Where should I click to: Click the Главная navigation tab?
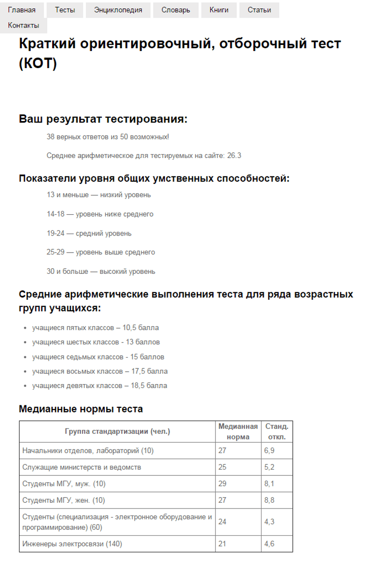coord(22,10)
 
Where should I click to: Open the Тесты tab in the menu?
coord(65,10)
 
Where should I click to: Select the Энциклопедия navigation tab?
coord(118,10)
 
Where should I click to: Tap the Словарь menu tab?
coord(176,10)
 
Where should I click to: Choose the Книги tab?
coord(219,10)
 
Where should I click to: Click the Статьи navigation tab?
coord(259,10)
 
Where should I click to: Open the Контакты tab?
coord(24,26)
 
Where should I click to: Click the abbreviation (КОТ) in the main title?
coord(38,63)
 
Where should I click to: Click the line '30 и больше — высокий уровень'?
coord(101,271)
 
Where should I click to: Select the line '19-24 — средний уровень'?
coord(89,233)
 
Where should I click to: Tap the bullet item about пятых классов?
coord(95,327)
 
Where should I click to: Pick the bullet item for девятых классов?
coord(99,385)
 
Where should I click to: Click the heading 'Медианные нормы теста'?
coord(81,409)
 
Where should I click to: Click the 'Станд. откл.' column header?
coord(277,431)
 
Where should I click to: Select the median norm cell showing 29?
coord(223,484)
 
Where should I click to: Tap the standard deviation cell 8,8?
coord(270,500)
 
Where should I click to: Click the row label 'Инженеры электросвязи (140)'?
coord(72,544)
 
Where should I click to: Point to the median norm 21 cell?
coord(222,544)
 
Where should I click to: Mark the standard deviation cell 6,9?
coord(270,451)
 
